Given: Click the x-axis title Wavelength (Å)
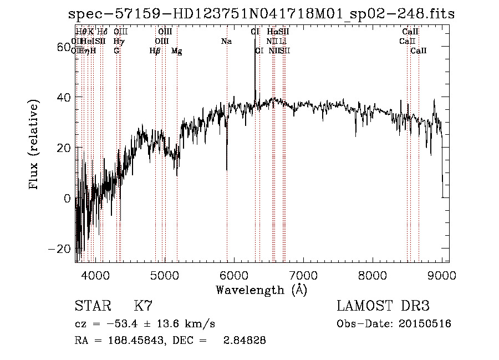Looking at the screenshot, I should click(x=261, y=290).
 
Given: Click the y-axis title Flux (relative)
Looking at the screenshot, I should click(x=34, y=145).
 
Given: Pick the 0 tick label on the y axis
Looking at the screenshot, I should click(x=67, y=198).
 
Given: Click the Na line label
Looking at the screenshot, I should click(x=226, y=42).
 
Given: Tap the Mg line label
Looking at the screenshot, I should click(x=176, y=51).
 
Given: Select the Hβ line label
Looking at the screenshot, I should click(x=155, y=51).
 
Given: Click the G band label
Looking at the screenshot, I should click(x=116, y=51).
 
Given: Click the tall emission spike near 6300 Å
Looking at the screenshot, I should click(x=255, y=61).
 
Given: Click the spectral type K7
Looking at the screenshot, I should click(x=143, y=306).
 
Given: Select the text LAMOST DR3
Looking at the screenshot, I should click(x=383, y=306).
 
